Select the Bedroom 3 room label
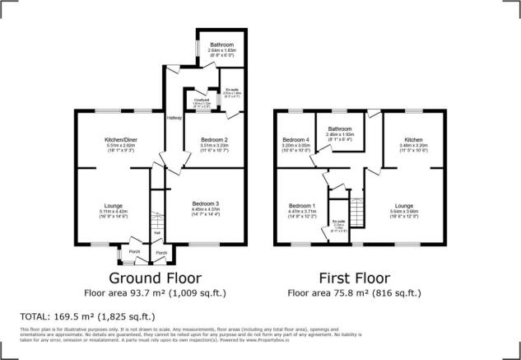tap(207, 203)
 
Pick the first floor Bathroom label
tap(338, 129)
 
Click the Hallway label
tap(174, 119)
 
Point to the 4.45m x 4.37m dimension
tap(207, 208)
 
